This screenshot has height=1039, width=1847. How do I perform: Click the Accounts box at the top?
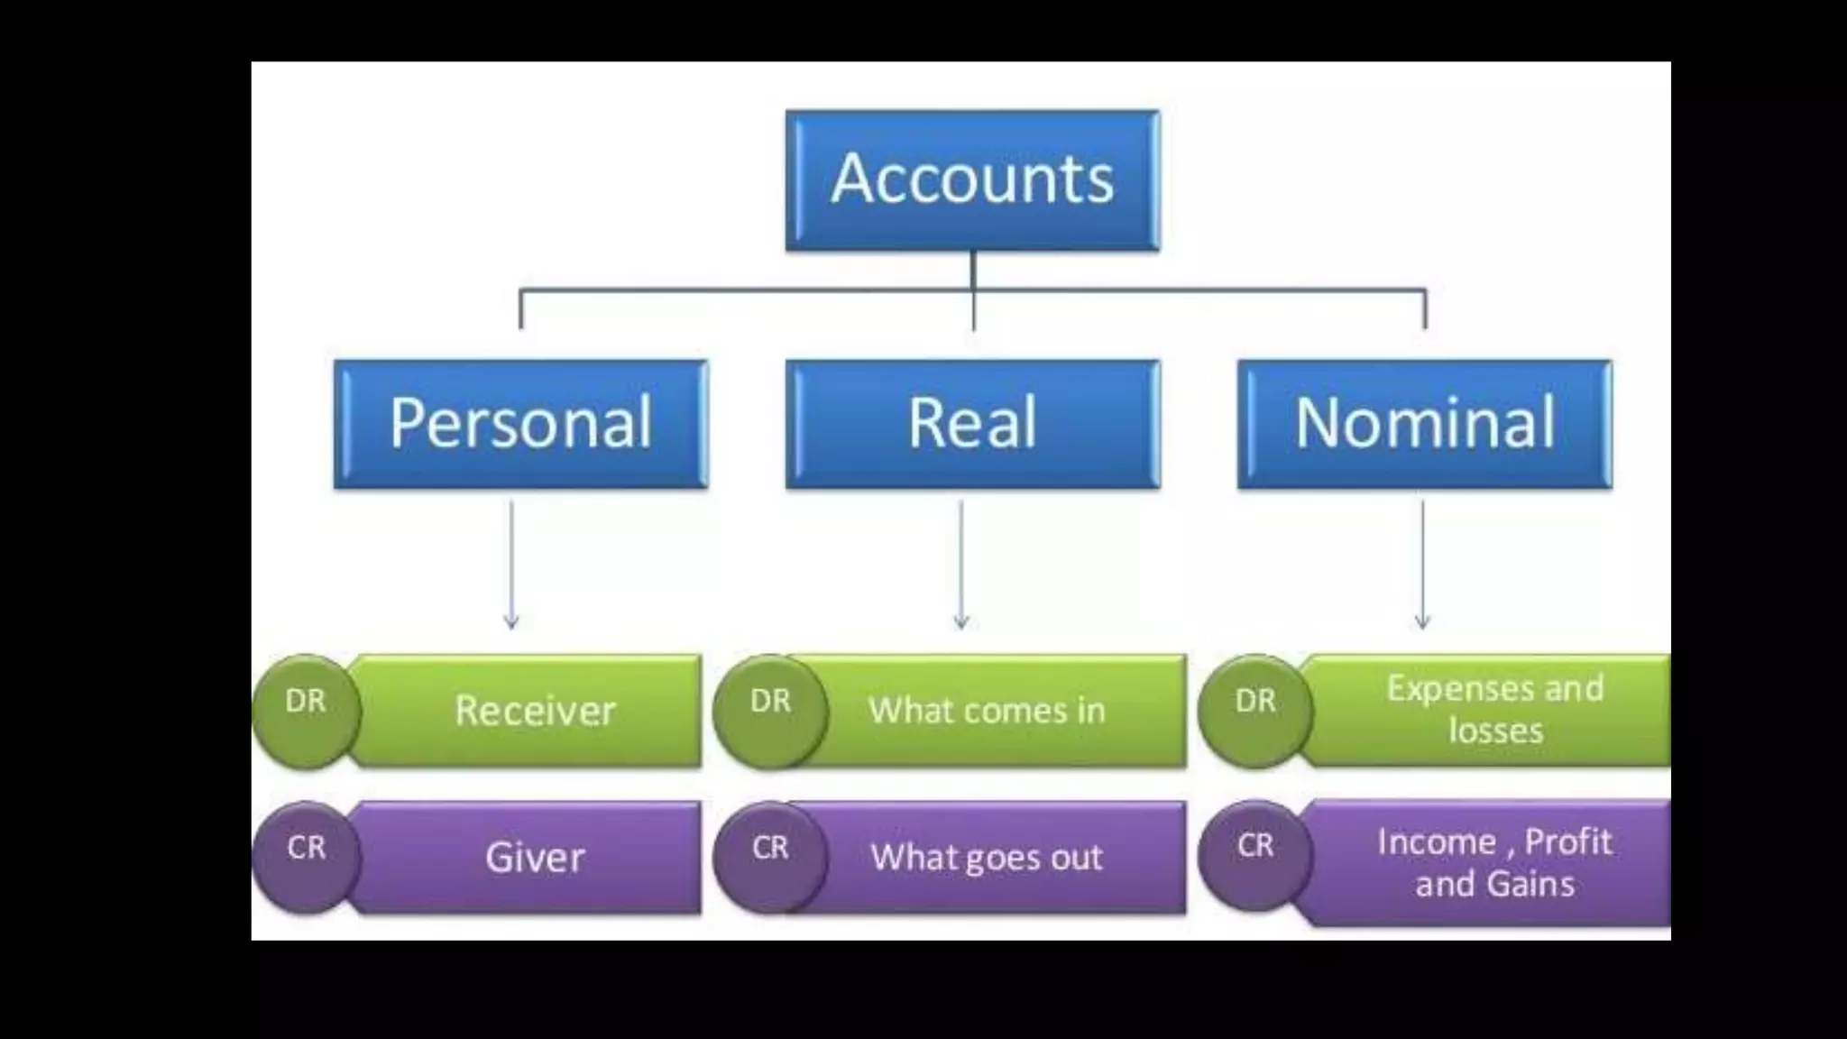click(x=972, y=179)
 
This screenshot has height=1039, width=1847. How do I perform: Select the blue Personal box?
click(x=520, y=424)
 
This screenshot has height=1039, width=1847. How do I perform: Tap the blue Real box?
click(x=972, y=424)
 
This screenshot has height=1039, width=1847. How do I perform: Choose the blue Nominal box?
click(x=1424, y=424)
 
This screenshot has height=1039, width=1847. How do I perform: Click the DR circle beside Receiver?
click(x=306, y=711)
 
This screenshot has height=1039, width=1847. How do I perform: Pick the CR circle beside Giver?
click(x=306, y=857)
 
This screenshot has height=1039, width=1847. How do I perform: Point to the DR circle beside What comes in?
click(x=769, y=711)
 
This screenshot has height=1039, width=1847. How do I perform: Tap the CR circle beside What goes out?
click(x=769, y=857)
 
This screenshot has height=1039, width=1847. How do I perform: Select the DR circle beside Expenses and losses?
click(x=1254, y=711)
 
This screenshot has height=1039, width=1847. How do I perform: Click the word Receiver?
click(x=535, y=711)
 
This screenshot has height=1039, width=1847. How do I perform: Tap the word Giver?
click(x=535, y=857)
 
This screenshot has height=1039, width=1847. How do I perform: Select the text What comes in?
click(x=987, y=711)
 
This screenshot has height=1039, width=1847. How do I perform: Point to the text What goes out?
click(x=987, y=857)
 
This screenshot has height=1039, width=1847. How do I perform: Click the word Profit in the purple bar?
click(x=1567, y=842)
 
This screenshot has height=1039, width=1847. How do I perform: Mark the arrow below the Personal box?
click(x=511, y=564)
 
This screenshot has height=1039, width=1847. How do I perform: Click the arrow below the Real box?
click(x=961, y=564)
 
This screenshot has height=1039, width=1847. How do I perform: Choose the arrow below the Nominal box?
click(x=1422, y=564)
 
